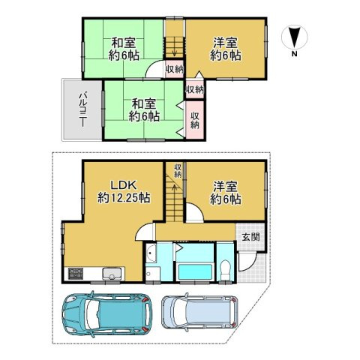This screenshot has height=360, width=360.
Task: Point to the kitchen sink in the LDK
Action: [x=109, y=272]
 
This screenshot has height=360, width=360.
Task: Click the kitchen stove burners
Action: [x=76, y=272]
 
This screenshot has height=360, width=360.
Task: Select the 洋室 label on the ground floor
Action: [x=226, y=186]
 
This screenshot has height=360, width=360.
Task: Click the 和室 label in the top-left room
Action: [x=123, y=43]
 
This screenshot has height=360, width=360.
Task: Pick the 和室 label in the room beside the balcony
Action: [x=144, y=103]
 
